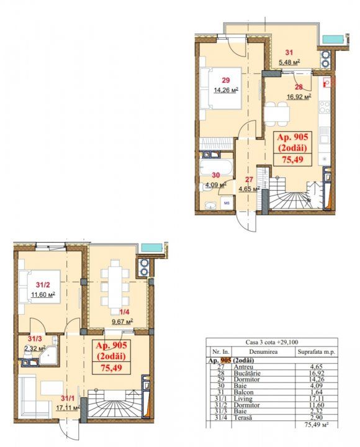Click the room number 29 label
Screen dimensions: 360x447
pos(226,80)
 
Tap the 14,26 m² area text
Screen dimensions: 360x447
pos(226,91)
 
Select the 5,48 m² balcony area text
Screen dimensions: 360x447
pos(289,62)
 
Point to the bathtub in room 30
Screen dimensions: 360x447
pos(216,167)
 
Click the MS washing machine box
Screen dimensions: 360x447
pos(227,203)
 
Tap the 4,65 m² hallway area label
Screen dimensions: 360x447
pos(249,189)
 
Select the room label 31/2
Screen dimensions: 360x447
pos(43,284)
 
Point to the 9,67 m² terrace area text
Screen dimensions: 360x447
pos(122,322)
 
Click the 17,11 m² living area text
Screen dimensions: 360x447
pos(67,408)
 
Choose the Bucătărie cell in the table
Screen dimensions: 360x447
pos(247,373)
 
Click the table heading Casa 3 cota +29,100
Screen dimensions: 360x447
pos(272,342)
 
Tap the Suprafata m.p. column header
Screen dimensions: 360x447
pos(317,352)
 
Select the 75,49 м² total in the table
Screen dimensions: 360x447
pos(317,424)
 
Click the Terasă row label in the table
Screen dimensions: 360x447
pos(243,418)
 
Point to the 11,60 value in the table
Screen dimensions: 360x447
pos(317,405)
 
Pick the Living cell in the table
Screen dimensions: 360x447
pos(243,399)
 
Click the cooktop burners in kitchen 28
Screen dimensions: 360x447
pos(325,107)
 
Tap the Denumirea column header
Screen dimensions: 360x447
pos(263,352)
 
